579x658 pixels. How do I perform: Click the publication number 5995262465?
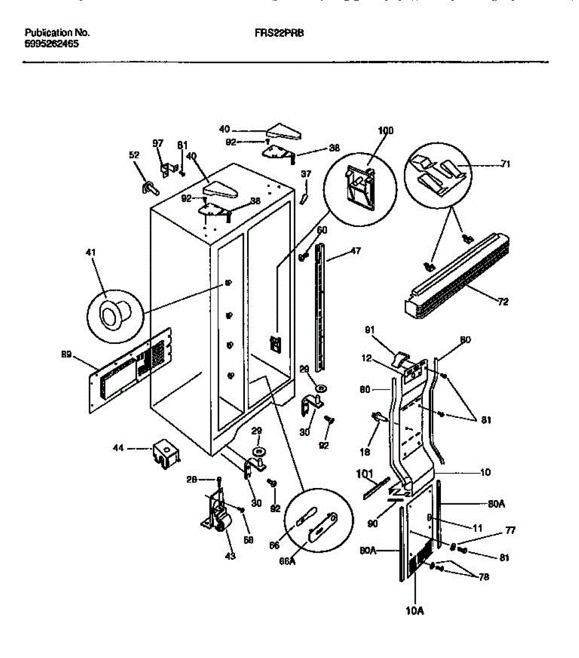(51, 44)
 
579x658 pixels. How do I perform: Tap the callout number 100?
(386, 131)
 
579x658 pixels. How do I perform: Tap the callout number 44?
(118, 449)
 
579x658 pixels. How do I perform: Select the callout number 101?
(364, 474)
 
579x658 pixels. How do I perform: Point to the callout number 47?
(356, 252)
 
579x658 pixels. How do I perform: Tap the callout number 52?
(134, 156)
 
